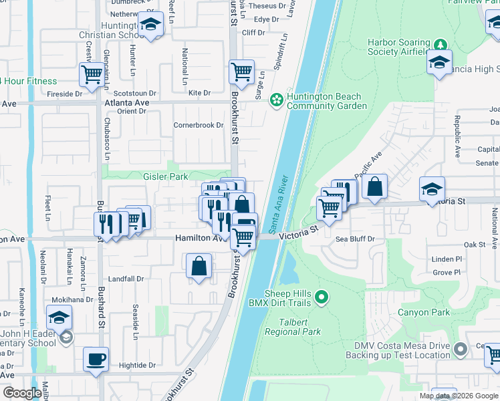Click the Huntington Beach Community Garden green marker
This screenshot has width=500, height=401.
276,100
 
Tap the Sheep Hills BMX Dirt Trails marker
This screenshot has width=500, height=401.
322,297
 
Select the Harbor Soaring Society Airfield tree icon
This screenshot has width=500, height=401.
440,45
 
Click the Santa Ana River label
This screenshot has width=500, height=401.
280,201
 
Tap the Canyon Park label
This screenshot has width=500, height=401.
424,312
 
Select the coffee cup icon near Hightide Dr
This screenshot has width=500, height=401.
96,359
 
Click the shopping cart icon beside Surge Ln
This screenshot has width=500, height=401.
241,71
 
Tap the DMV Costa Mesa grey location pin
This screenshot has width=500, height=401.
460,349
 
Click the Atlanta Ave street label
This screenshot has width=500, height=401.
127,103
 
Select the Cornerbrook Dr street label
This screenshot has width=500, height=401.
198,125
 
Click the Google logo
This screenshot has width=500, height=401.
22,393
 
